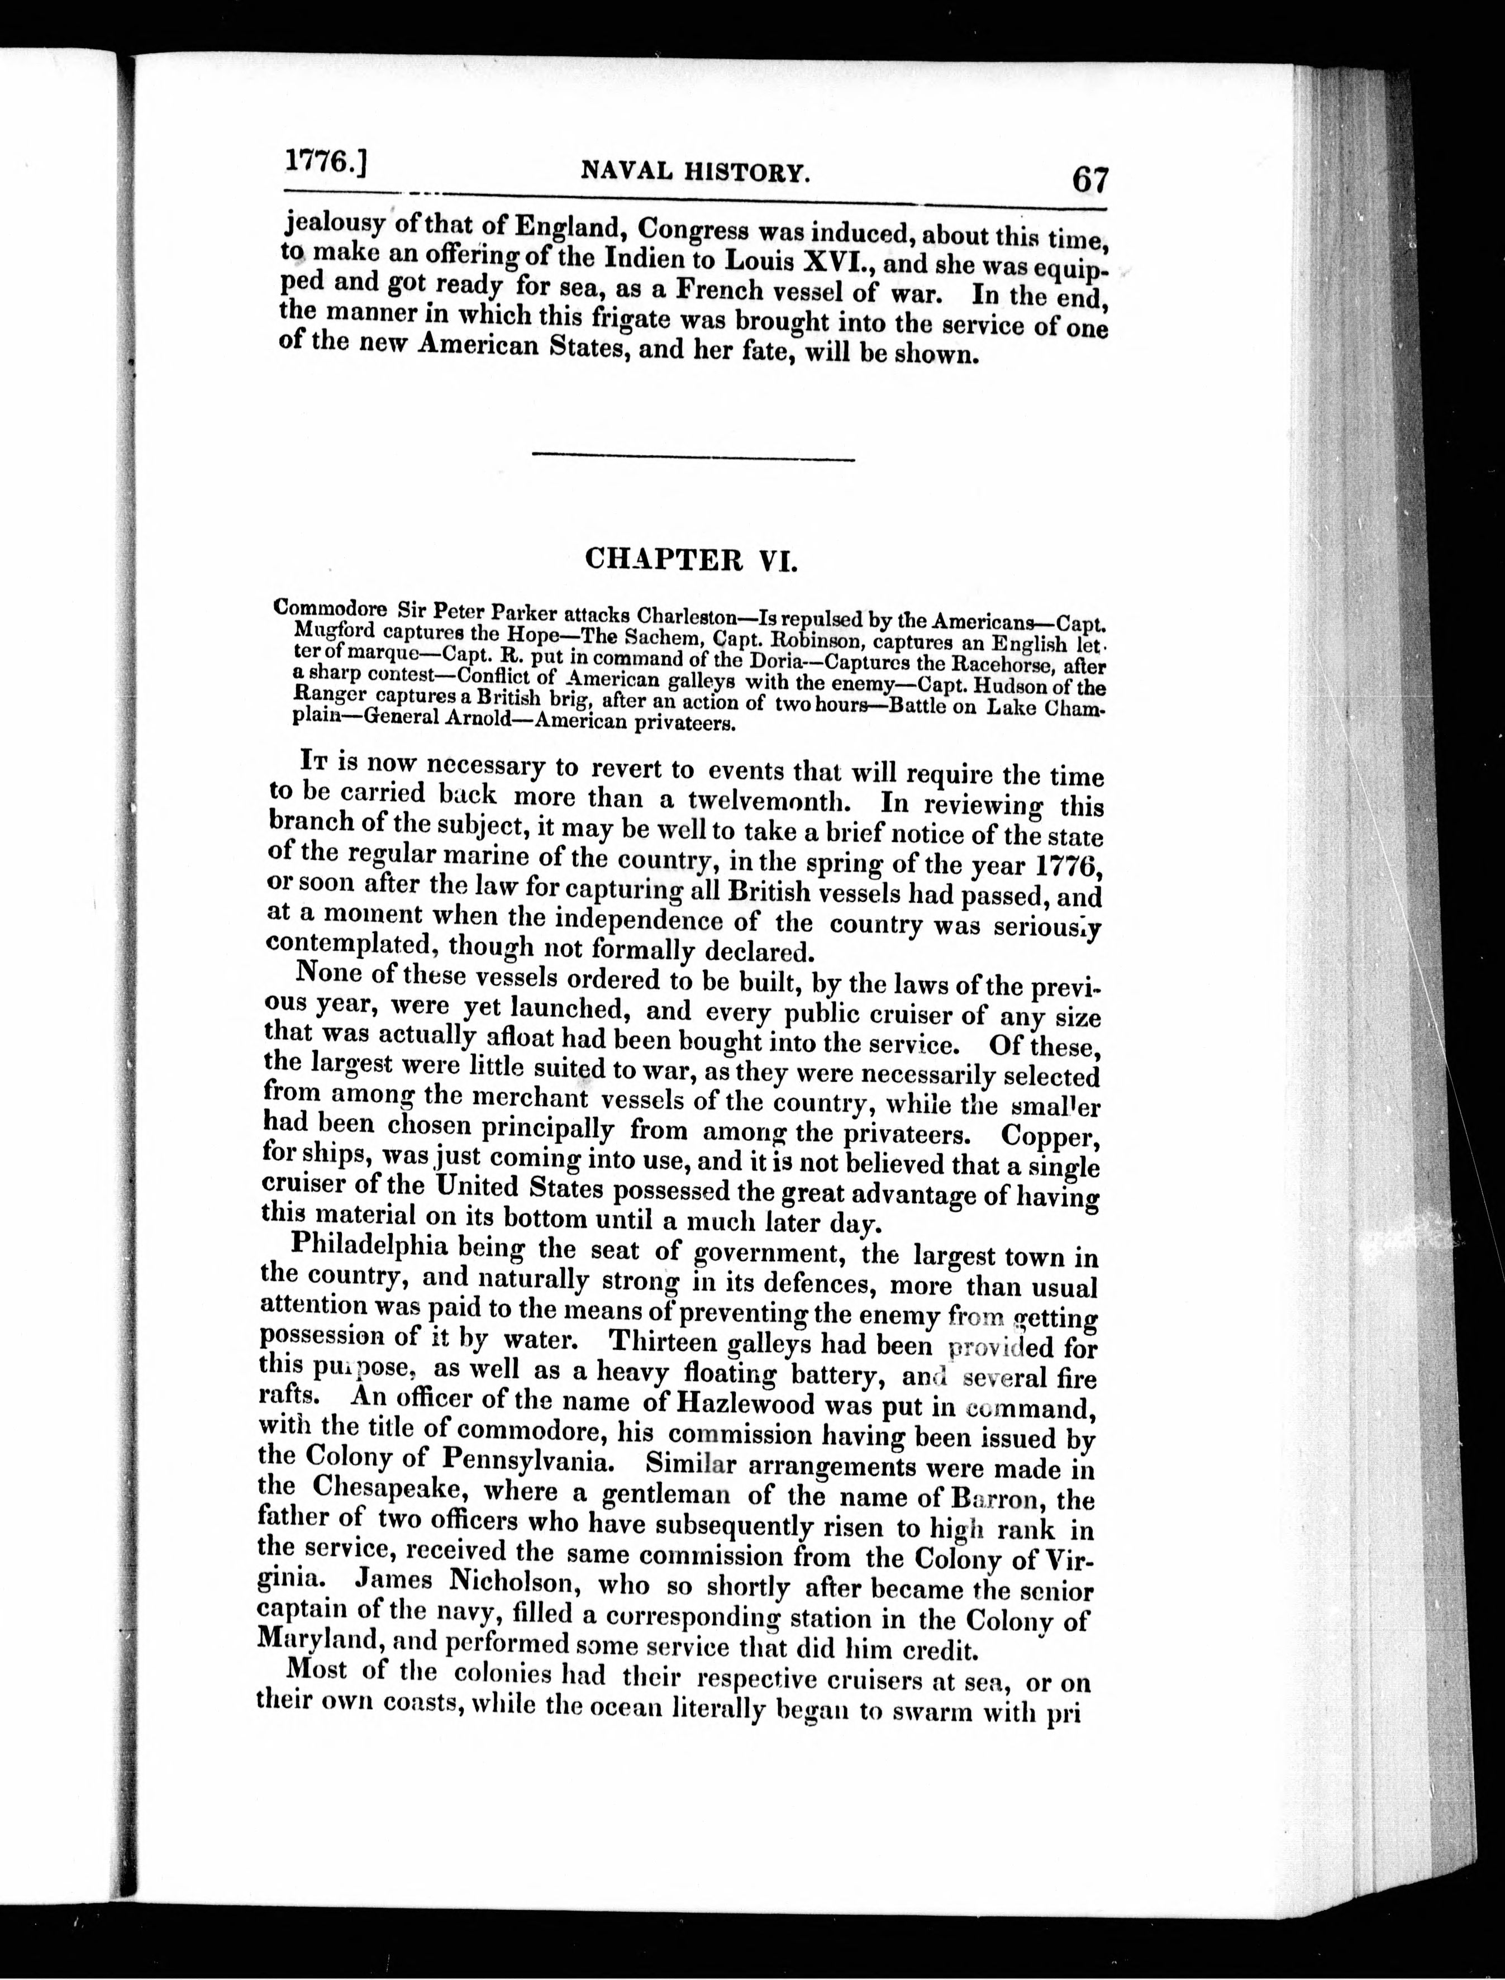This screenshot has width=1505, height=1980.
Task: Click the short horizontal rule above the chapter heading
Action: coord(693,460)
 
